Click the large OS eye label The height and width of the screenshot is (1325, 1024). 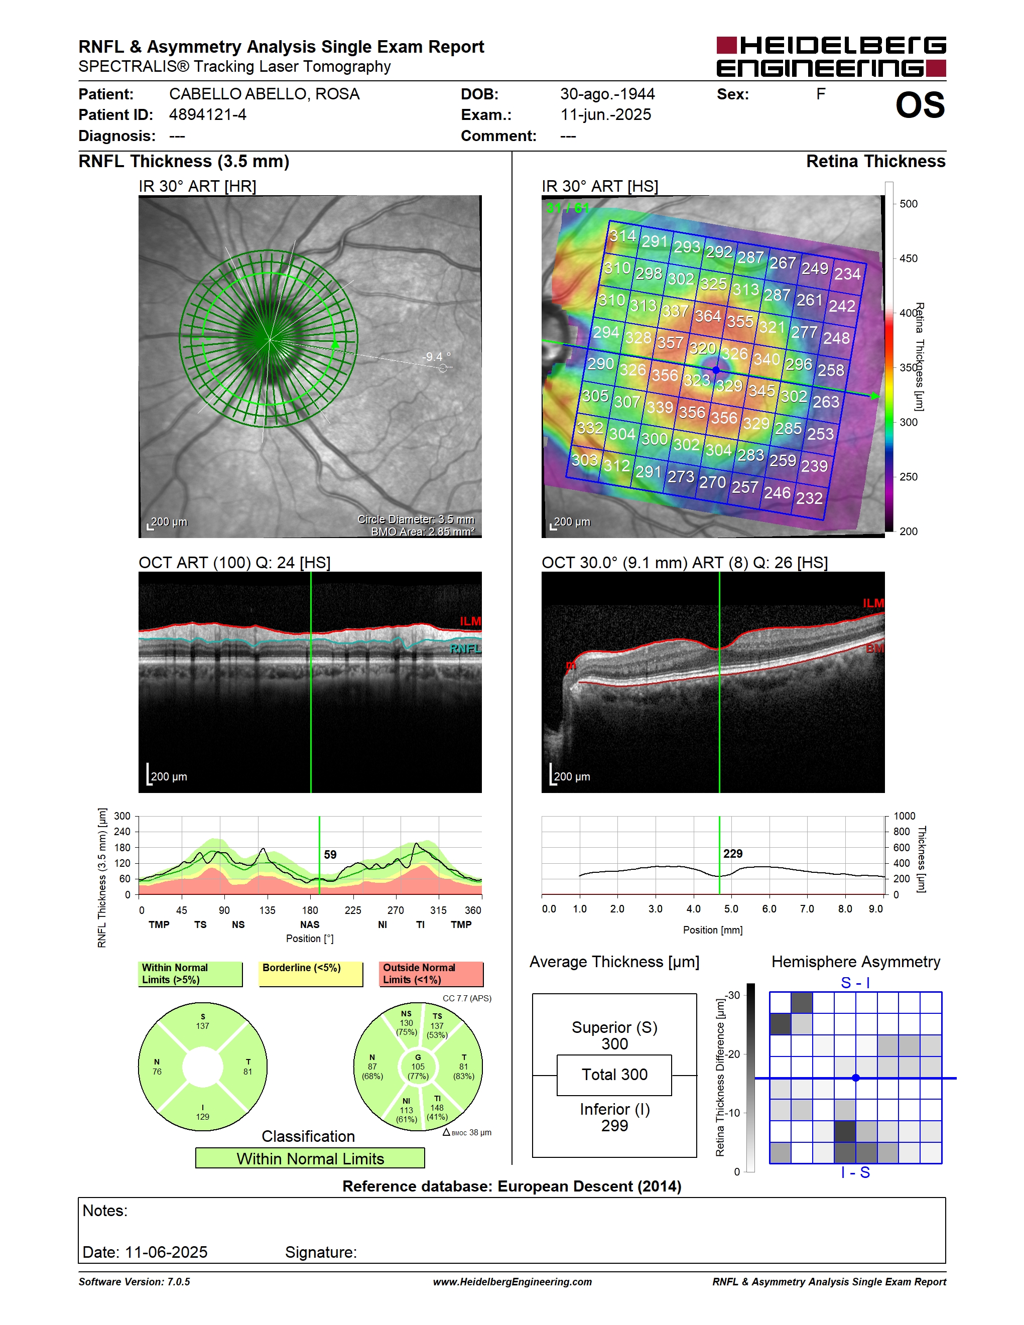tap(920, 105)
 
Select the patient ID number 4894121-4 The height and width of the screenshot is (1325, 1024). tap(207, 114)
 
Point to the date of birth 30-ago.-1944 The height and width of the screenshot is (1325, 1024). tap(607, 94)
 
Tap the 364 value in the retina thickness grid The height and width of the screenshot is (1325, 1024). tap(707, 316)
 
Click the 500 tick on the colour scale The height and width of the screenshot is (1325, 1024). tap(908, 204)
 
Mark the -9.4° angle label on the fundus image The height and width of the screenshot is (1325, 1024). tap(437, 357)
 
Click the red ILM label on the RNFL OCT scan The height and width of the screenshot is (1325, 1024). tap(470, 621)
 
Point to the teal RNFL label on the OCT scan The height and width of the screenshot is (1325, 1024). tap(465, 648)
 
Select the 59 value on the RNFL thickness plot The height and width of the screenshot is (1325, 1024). tap(330, 854)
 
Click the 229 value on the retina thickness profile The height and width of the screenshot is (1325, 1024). tap(732, 854)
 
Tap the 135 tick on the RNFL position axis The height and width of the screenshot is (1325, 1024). tap(267, 910)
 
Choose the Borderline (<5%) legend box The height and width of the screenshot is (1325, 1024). tap(311, 974)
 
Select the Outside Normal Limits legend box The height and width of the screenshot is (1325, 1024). tap(431, 974)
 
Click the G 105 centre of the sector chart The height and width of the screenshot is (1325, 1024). tap(418, 1067)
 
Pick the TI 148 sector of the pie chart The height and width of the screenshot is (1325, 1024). tap(437, 1107)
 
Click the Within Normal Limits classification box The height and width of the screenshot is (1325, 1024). tap(310, 1158)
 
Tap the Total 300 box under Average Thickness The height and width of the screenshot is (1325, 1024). tap(614, 1075)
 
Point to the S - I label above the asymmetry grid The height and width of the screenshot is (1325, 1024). tap(855, 982)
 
